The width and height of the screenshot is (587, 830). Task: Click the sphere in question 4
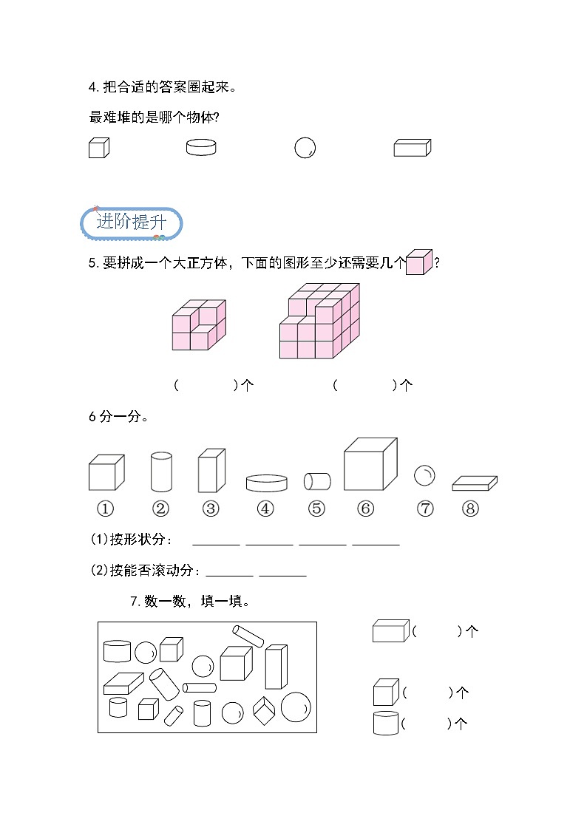click(x=305, y=148)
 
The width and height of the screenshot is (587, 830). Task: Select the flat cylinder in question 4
click(x=201, y=147)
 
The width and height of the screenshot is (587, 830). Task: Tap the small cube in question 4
click(x=98, y=148)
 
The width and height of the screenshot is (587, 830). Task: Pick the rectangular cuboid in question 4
click(x=412, y=148)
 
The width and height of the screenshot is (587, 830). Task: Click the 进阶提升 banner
click(x=131, y=222)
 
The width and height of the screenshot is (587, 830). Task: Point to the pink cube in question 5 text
click(x=418, y=262)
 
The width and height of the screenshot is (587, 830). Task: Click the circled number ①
click(x=105, y=508)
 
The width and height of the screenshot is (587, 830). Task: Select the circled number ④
click(x=265, y=508)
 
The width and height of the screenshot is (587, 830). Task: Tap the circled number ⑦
click(x=425, y=508)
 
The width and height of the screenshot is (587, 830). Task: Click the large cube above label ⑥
click(x=370, y=464)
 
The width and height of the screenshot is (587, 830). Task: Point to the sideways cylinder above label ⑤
click(x=317, y=481)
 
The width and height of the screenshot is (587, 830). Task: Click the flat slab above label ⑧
click(x=474, y=483)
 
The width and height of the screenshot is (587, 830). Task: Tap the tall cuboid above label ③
click(x=210, y=470)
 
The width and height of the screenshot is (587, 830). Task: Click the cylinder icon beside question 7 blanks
click(x=386, y=723)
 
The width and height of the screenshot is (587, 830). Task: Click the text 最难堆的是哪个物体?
click(x=157, y=117)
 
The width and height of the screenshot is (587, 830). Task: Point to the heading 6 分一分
click(x=118, y=417)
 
